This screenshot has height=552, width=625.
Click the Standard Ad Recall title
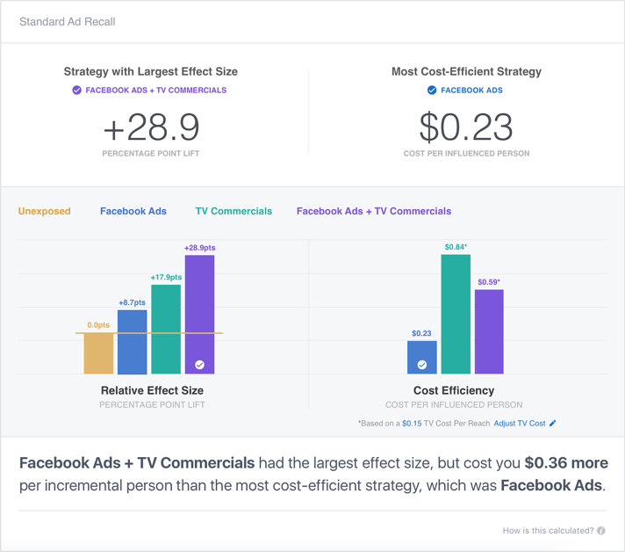[x=68, y=21]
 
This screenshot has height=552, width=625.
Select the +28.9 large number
[x=151, y=127]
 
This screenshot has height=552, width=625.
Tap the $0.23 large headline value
[x=466, y=127]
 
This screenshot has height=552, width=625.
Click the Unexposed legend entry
[x=44, y=211]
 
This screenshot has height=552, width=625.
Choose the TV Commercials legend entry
[x=233, y=211]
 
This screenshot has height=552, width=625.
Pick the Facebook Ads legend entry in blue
[x=133, y=211]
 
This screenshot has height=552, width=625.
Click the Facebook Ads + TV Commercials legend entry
[x=374, y=211]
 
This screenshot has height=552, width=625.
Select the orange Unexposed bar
[x=98, y=353]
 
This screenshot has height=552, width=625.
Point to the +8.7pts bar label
[x=132, y=302]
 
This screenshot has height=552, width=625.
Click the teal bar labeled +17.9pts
[x=166, y=330]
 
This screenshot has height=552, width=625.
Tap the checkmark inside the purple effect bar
[x=200, y=364]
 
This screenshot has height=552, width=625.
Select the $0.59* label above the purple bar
[x=489, y=282]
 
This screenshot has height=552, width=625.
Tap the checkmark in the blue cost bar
[x=422, y=364]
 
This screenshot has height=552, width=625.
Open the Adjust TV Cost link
[x=525, y=424]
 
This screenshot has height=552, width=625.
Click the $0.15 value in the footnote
[x=412, y=424]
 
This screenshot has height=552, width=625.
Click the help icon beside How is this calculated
[x=601, y=531]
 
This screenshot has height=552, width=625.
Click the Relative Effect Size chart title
[x=152, y=390]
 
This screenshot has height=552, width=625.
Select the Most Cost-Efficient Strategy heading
[x=466, y=71]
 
